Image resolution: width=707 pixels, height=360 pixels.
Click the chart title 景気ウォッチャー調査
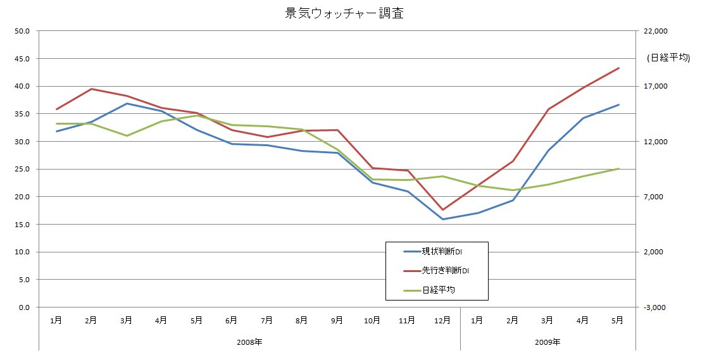click(344, 14)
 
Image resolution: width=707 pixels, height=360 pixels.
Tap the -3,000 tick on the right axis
click(657, 307)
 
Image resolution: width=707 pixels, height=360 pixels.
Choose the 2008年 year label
click(249, 342)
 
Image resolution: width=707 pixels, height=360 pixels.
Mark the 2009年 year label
click(547, 342)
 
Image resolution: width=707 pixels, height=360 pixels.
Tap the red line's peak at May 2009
click(618, 68)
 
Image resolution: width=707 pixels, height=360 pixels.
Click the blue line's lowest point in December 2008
click(442, 220)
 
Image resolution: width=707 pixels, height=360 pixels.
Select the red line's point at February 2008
click(92, 89)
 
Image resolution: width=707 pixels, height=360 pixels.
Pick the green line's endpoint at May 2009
click(618, 169)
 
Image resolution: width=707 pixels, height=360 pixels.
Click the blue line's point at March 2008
click(127, 104)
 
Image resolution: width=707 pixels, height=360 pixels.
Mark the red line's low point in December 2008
click(442, 209)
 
